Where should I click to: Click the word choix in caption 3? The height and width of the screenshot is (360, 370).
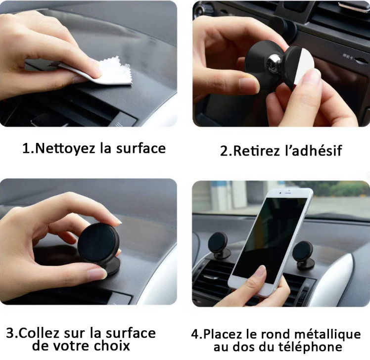click(x=114, y=346)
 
